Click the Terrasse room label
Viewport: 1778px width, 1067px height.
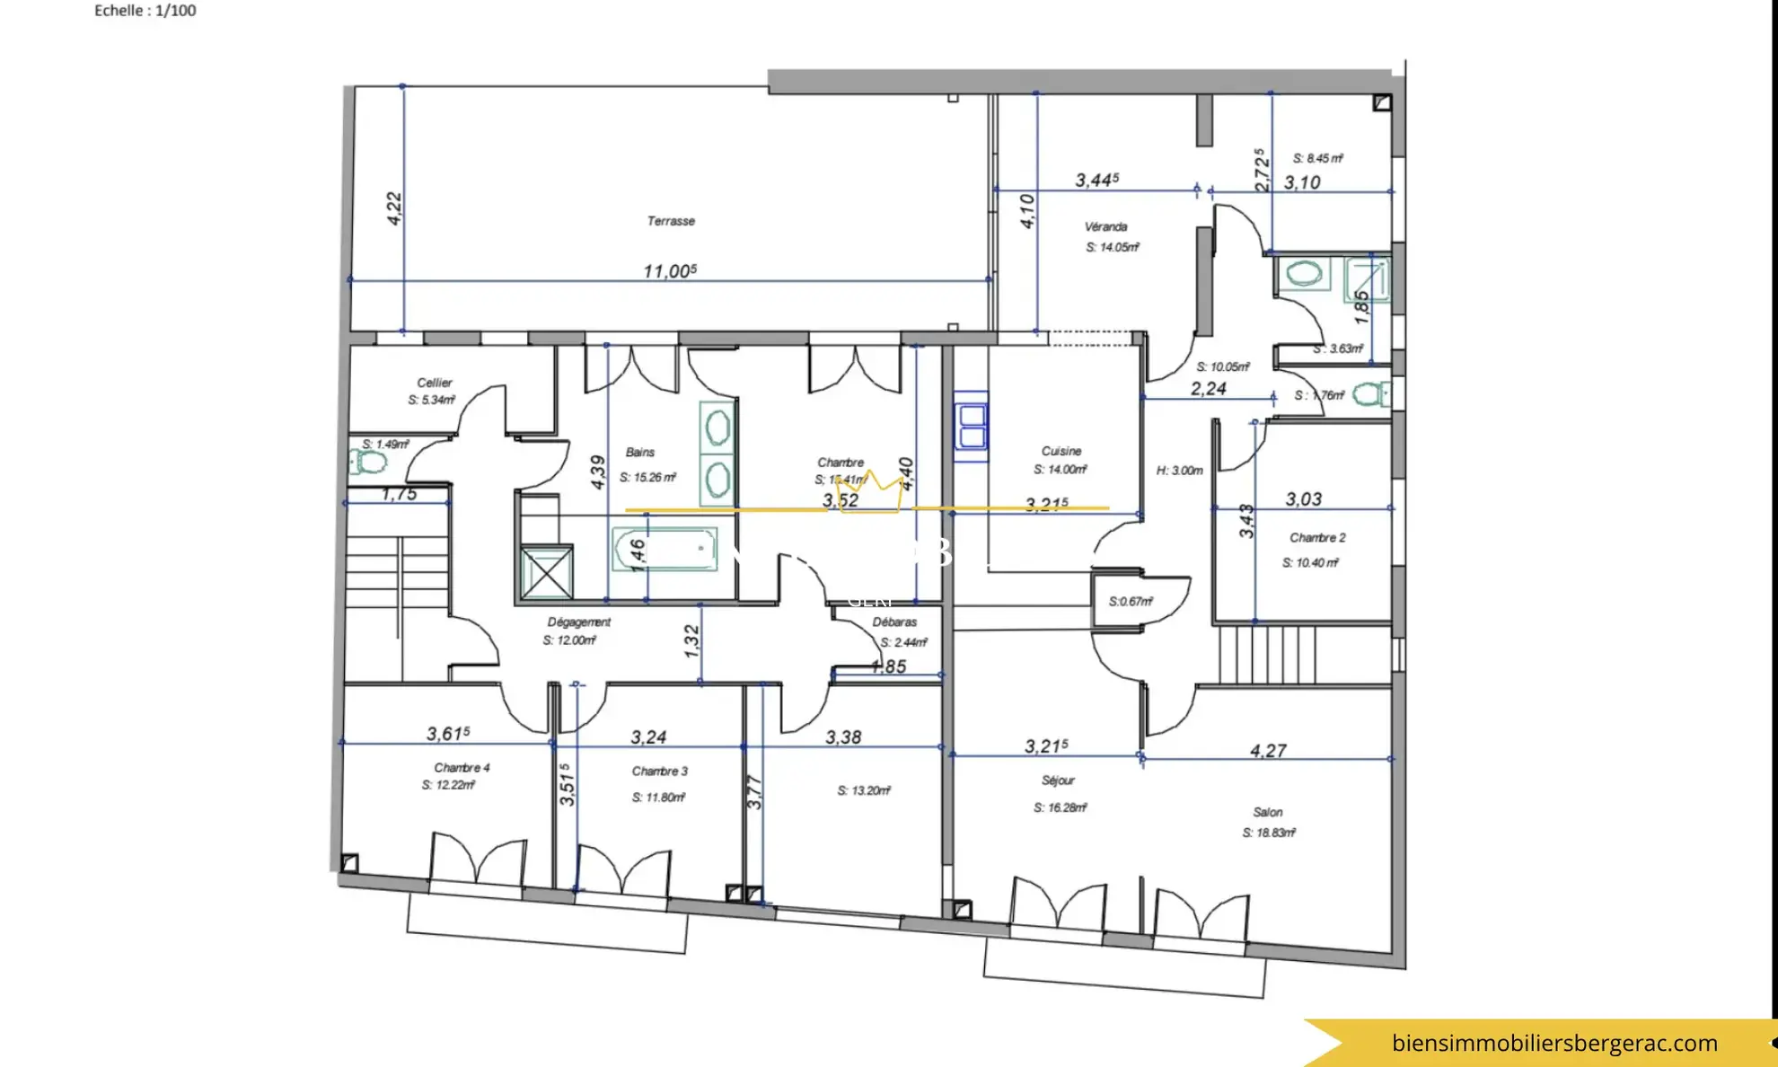tap(671, 221)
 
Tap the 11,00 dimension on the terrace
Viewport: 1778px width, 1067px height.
tap(669, 271)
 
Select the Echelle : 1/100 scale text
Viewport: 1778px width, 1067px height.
tap(145, 11)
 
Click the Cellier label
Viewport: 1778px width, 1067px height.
tap(435, 383)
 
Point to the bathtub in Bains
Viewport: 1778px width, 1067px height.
tap(665, 549)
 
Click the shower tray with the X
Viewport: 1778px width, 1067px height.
tap(547, 572)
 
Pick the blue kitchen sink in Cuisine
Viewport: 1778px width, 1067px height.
tap(972, 427)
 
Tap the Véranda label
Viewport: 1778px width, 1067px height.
tap(1105, 227)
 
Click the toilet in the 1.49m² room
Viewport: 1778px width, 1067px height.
tap(369, 463)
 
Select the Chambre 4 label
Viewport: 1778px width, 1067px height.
tap(462, 768)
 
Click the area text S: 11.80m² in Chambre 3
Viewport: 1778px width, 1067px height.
tap(658, 798)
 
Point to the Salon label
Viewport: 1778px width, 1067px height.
tap(1268, 812)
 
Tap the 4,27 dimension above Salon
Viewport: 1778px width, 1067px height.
tap(1268, 750)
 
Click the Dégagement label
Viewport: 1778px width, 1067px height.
tap(579, 622)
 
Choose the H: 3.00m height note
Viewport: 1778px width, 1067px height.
tap(1179, 471)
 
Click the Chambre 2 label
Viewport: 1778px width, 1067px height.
tap(1317, 538)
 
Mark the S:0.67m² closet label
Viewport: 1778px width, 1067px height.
tap(1131, 602)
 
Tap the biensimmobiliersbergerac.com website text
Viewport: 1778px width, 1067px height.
tap(1554, 1043)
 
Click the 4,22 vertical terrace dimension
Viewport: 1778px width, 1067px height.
tap(394, 208)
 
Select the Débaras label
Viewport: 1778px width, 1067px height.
tap(894, 622)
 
